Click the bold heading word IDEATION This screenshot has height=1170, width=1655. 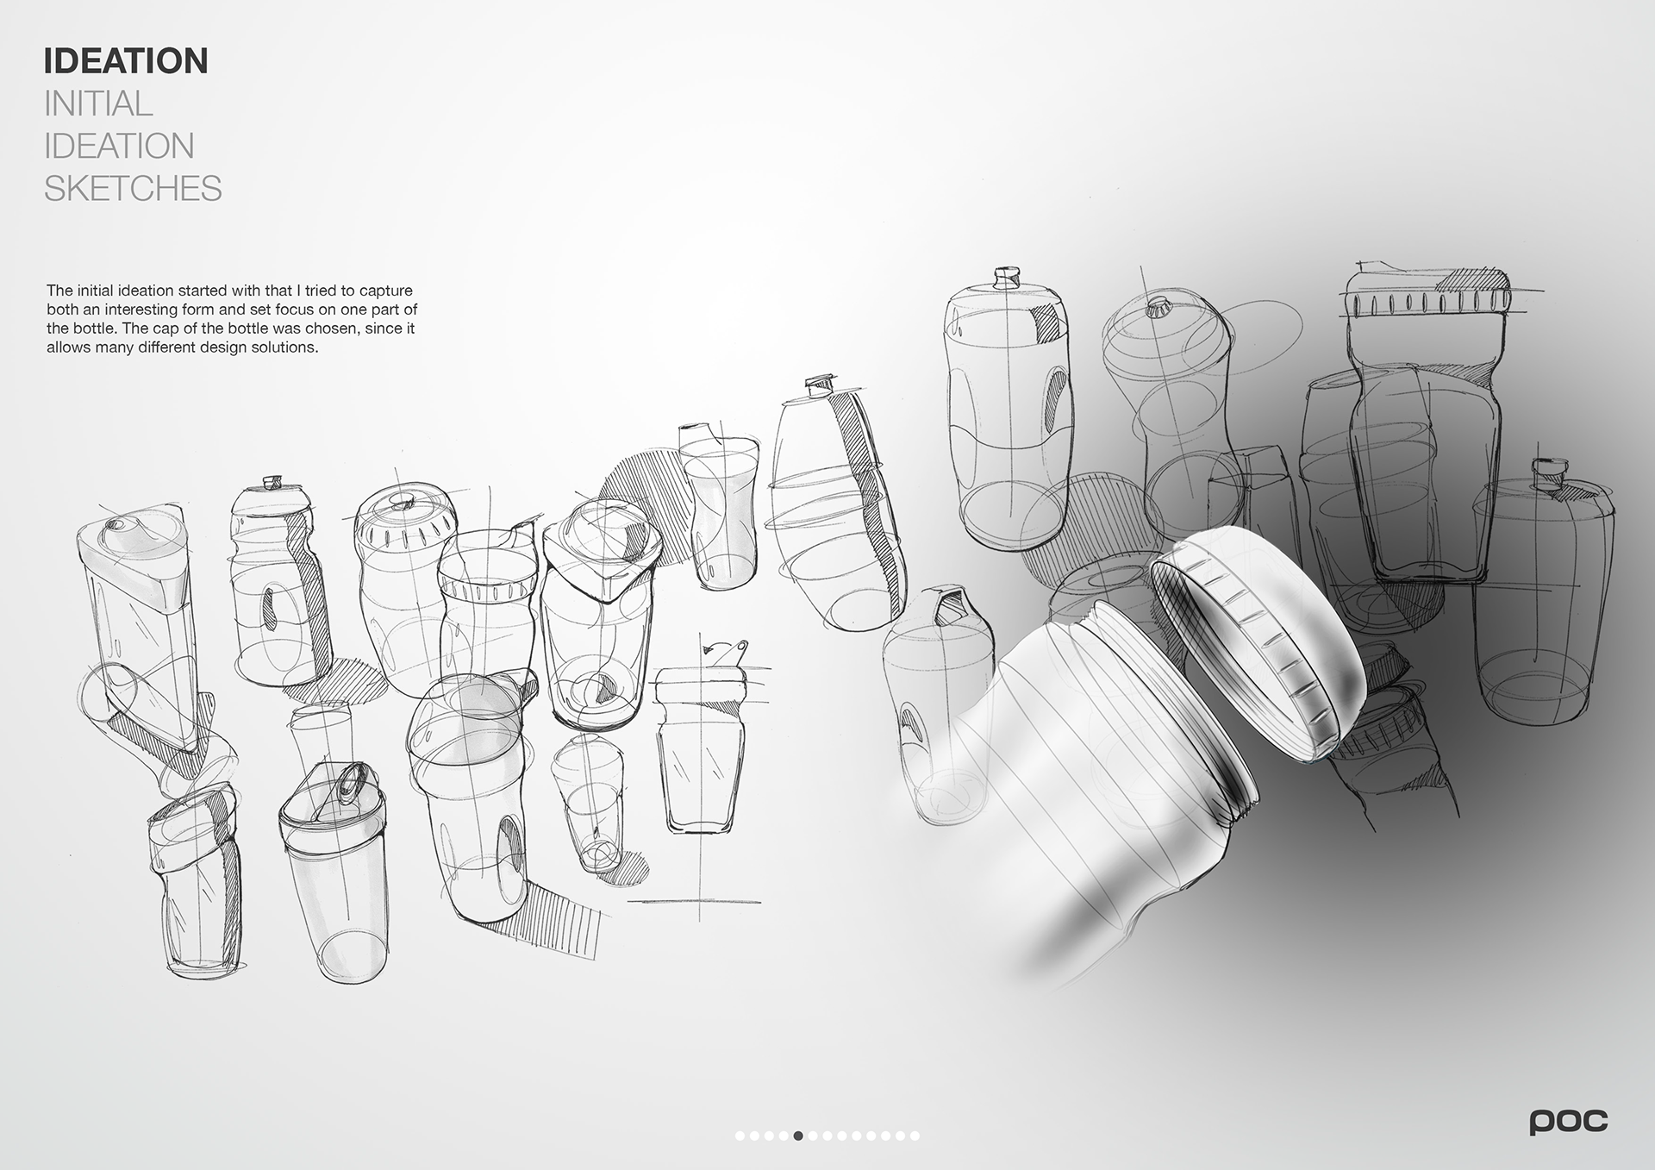point(126,61)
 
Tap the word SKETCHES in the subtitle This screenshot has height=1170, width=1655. point(133,188)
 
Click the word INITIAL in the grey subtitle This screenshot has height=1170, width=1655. point(98,104)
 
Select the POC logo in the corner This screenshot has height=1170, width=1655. point(1568,1121)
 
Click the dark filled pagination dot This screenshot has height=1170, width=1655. point(798,1136)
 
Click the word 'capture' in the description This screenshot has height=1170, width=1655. point(384,291)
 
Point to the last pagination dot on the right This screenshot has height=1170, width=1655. point(915,1136)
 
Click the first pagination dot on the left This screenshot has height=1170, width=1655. point(740,1136)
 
